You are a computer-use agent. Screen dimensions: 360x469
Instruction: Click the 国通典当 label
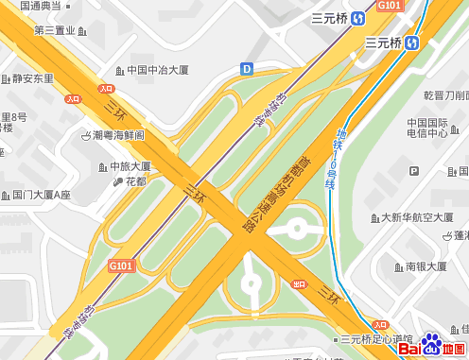tap(40, 6)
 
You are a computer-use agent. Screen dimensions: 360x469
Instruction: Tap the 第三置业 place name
tap(54, 31)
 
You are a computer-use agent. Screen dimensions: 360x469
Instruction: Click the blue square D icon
tap(247, 68)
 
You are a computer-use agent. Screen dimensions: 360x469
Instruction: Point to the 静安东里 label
tap(33, 79)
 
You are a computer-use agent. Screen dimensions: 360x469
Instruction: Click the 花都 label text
tap(135, 181)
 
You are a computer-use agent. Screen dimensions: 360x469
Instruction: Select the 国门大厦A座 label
tap(42, 196)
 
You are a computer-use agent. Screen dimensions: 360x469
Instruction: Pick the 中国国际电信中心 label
tap(427, 128)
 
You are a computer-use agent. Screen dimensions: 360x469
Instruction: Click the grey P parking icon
tap(414, 171)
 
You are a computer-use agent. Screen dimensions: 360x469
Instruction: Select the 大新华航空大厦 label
tap(417, 217)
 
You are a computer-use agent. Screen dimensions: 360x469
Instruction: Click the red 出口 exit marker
tap(299, 283)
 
